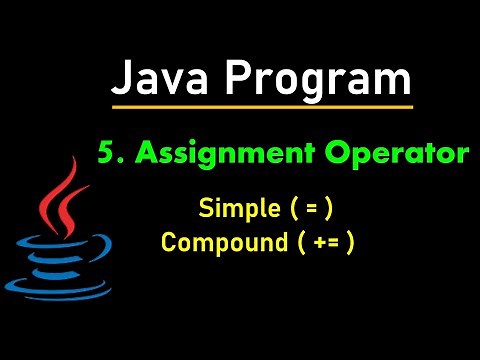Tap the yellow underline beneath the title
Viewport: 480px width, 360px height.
point(262,106)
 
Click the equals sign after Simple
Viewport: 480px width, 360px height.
point(312,209)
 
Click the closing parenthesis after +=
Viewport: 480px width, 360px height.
point(349,244)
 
